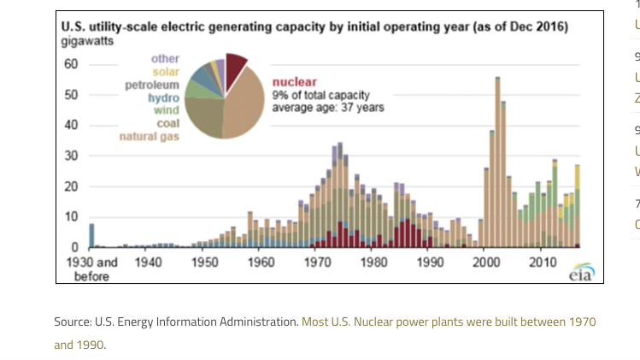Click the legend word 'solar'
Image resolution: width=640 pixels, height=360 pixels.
[166, 72]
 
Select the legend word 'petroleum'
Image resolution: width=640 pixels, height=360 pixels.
[152, 85]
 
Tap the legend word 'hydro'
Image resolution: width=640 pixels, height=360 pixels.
[163, 97]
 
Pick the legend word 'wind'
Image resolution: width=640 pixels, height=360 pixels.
[166, 110]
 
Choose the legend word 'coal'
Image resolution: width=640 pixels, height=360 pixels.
[167, 123]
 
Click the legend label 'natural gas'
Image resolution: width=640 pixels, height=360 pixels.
[149, 137]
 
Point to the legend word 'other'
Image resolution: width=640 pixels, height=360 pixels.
[165, 58]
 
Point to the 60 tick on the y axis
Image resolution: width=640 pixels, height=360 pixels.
[70, 64]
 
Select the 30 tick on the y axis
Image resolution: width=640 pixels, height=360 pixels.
[70, 156]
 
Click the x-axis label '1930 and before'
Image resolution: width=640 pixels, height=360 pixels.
[91, 269]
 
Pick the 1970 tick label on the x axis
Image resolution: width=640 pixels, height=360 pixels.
[317, 263]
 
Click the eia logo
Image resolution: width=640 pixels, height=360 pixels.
[582, 272]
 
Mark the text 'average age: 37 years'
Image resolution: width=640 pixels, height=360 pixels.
[327, 108]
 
